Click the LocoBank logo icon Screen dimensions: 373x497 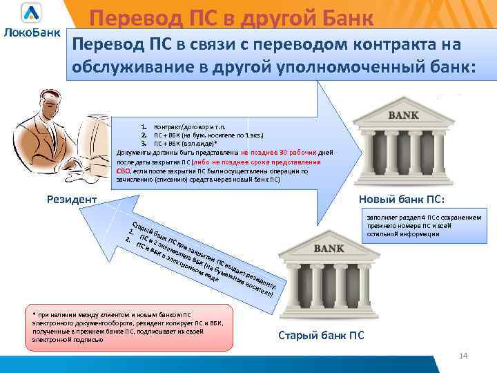click(x=31, y=13)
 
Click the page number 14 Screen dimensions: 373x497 click(x=463, y=356)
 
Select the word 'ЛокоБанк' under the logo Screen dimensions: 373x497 click(x=32, y=32)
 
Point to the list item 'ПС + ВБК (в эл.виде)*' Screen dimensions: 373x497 click(x=190, y=142)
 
